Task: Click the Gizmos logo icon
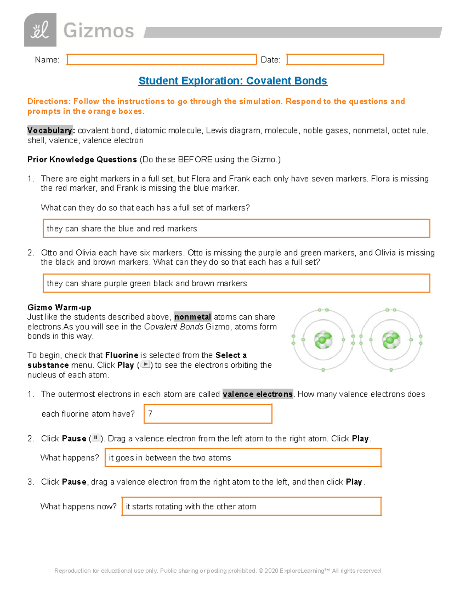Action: [x=40, y=30]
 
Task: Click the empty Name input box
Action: [x=162, y=59]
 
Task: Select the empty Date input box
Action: [x=335, y=59]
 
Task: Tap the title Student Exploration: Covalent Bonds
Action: [x=233, y=81]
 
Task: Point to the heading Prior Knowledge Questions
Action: [x=82, y=160]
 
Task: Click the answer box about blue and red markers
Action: [x=236, y=228]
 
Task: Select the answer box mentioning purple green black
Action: [x=236, y=283]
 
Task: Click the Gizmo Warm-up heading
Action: [x=59, y=308]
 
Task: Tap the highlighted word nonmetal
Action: [x=193, y=317]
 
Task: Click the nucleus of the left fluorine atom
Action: [x=323, y=340]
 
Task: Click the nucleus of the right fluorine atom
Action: [x=391, y=340]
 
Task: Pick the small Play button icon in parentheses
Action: [x=145, y=365]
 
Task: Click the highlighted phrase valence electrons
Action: [x=257, y=394]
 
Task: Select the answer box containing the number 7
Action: [x=208, y=414]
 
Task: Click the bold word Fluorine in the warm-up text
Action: [x=122, y=355]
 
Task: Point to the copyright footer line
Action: [x=217, y=571]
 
